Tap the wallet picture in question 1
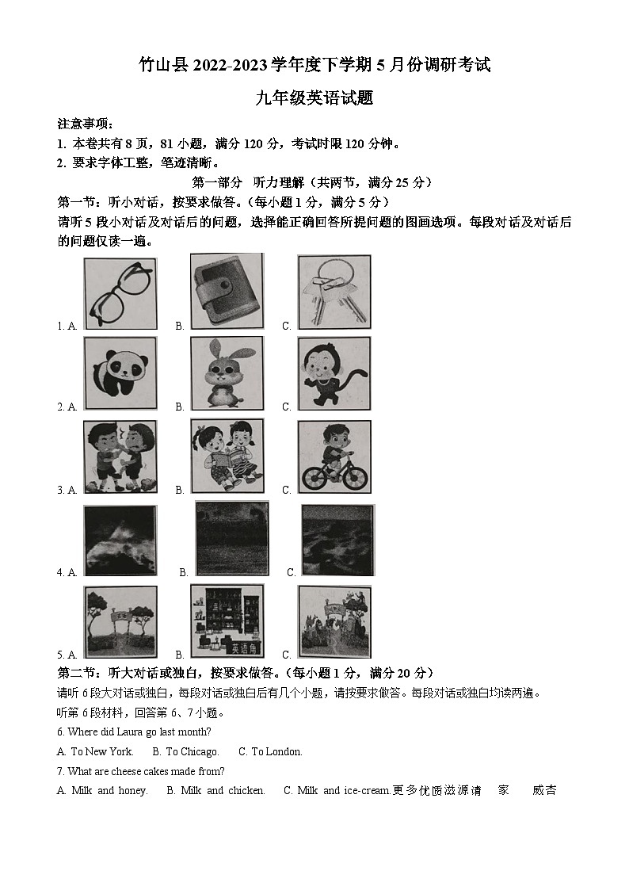tap(227, 291)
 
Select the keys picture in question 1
tap(334, 291)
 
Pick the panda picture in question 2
tap(120, 373)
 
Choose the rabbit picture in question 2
tap(227, 373)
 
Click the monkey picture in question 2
tap(334, 373)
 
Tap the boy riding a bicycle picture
tap(334, 456)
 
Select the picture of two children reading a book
tap(227, 456)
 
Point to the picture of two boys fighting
tap(120, 456)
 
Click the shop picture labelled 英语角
tap(227, 621)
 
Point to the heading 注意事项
tap(86, 124)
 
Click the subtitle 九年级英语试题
tap(314, 98)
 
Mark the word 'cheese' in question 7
tap(129, 771)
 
